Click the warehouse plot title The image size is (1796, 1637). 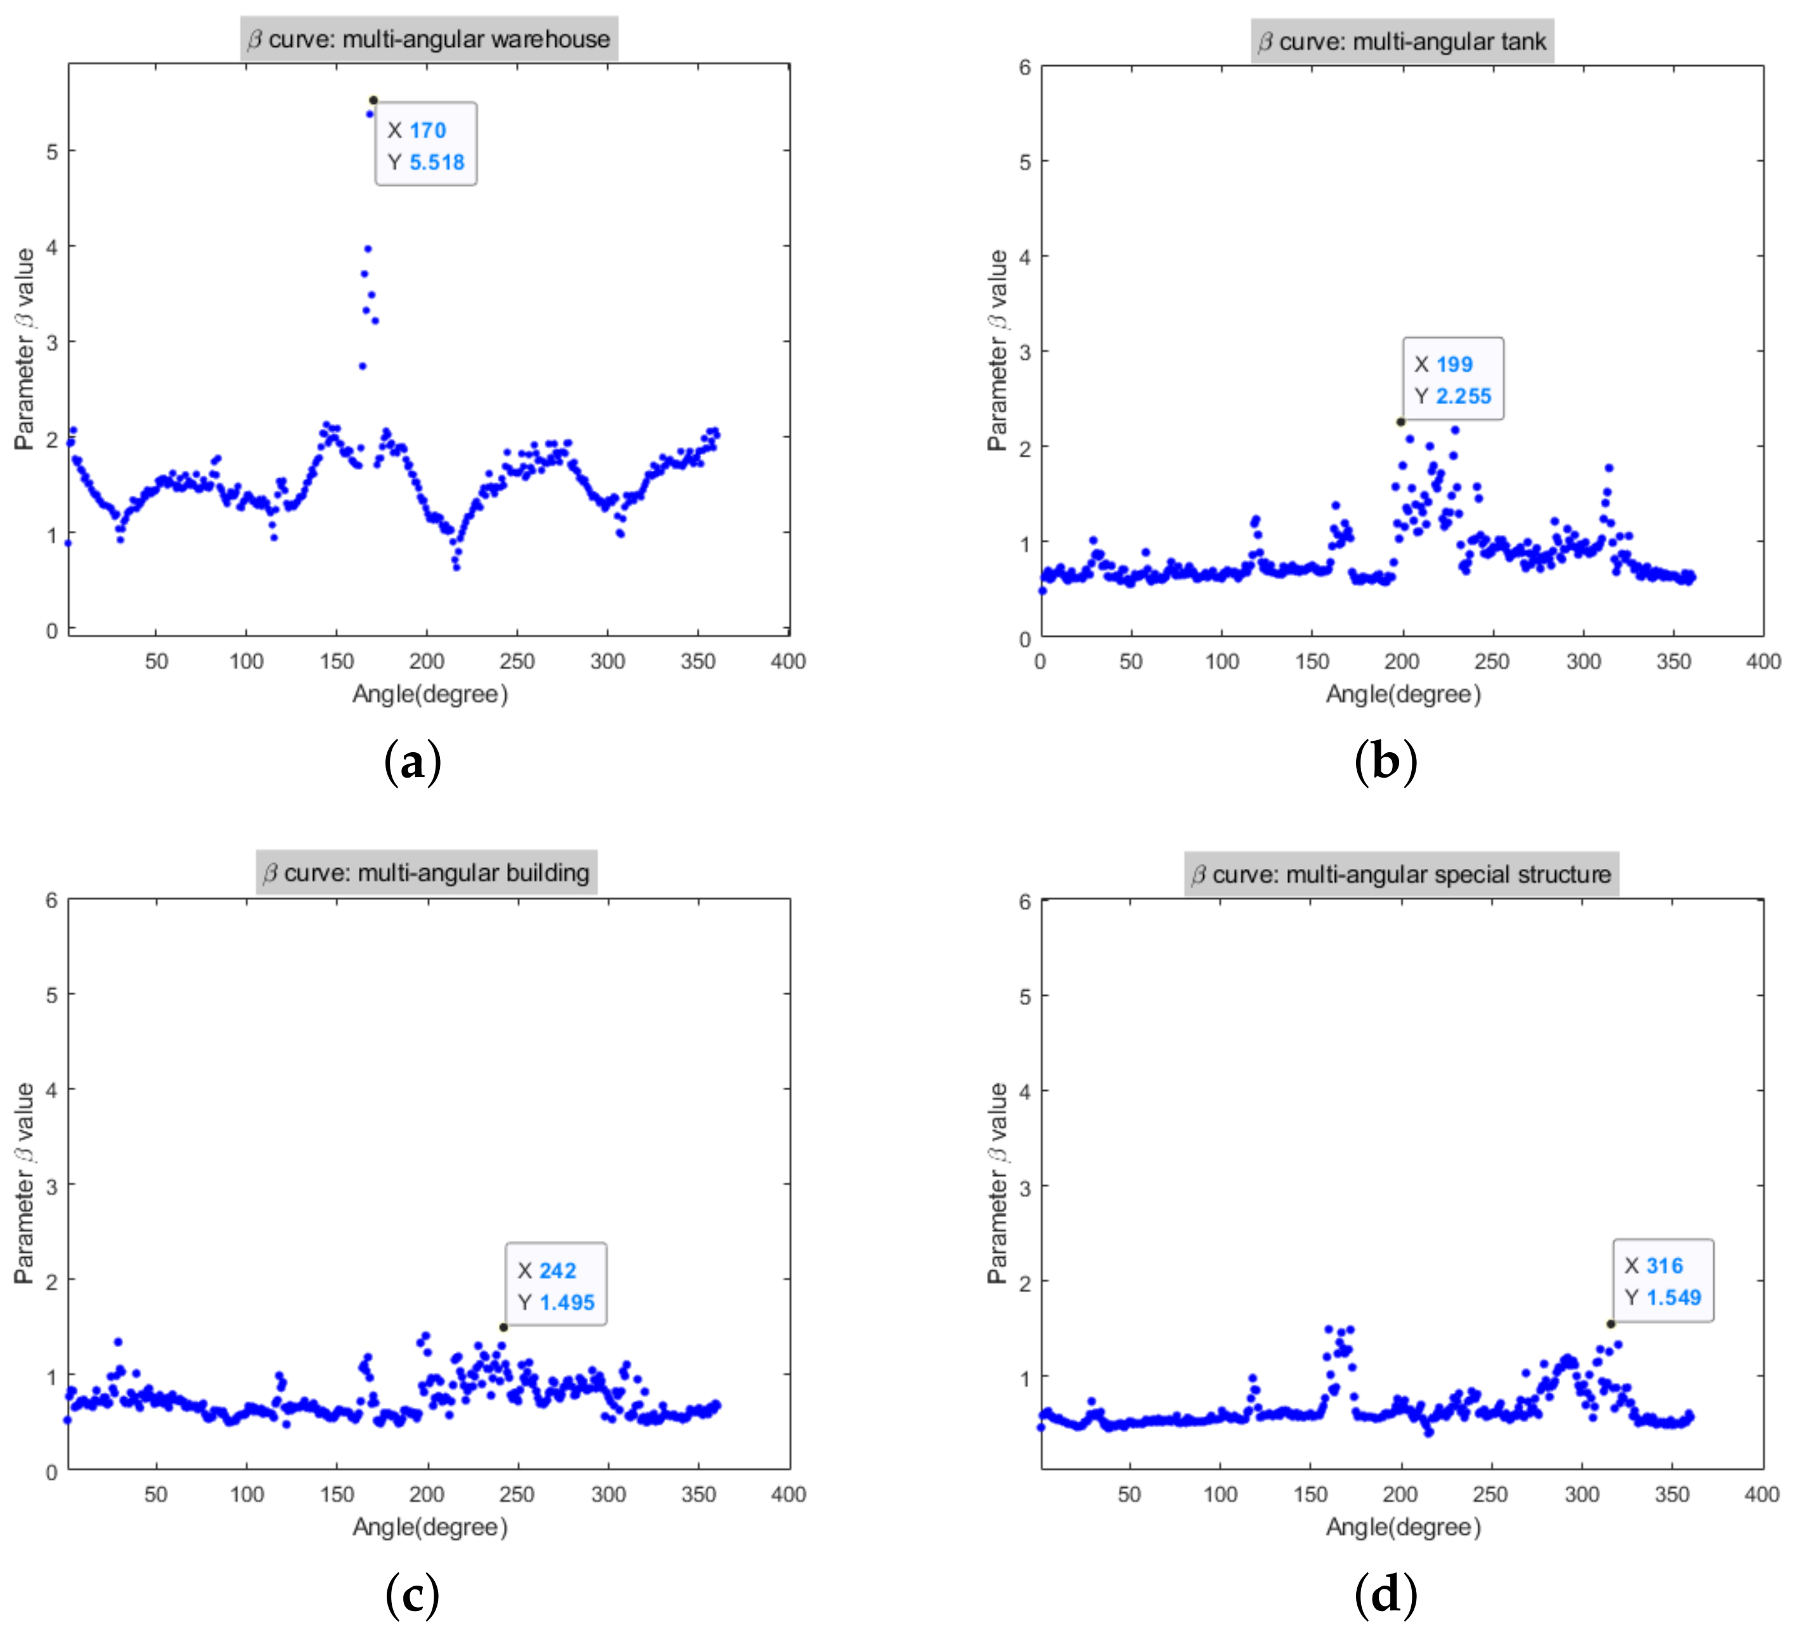pyautogui.click(x=429, y=39)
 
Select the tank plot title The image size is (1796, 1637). pyautogui.click(x=1402, y=42)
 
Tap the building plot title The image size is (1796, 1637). pyautogui.click(x=426, y=873)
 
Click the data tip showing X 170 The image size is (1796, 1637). pyautogui.click(x=426, y=145)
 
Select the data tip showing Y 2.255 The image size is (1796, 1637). pyautogui.click(x=1453, y=380)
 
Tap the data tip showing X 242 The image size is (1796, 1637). pyautogui.click(x=556, y=1285)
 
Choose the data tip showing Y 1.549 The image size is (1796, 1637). pyautogui.click(x=1664, y=1281)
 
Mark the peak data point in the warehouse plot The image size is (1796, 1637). pyautogui.click(x=373, y=100)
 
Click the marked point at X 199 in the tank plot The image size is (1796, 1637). pyautogui.click(x=1400, y=422)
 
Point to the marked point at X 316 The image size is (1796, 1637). pyautogui.click(x=1611, y=1324)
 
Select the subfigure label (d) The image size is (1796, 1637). pyautogui.click(x=1385, y=1595)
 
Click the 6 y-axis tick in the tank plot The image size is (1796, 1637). pyautogui.click(x=1025, y=68)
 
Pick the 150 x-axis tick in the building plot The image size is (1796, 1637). pyautogui.click(x=337, y=1494)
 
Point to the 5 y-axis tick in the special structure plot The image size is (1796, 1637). pyautogui.click(x=1025, y=996)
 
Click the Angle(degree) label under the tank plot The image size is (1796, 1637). pyautogui.click(x=1403, y=695)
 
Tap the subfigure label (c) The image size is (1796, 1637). pyautogui.click(x=413, y=1595)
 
